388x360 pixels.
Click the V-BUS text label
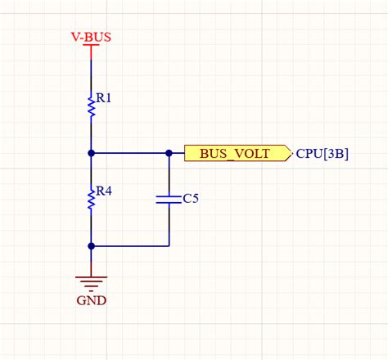tap(92, 37)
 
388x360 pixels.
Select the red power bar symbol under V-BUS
tap(92, 46)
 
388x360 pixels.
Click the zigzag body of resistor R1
tap(92, 104)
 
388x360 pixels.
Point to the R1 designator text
tap(104, 98)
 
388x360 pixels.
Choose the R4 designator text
tap(104, 191)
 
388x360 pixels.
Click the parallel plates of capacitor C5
tap(169, 199)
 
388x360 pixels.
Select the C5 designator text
tap(190, 199)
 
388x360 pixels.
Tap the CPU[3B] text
tap(322, 153)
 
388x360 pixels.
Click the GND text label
tap(92, 299)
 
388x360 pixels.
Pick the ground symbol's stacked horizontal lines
tap(92, 282)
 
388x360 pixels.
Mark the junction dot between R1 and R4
tap(92, 153)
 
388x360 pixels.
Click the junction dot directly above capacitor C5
tap(169, 153)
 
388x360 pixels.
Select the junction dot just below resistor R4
tap(92, 245)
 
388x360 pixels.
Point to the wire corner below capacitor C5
tap(169, 245)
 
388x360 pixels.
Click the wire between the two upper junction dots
tap(131, 153)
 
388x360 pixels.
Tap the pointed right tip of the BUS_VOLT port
tap(291, 153)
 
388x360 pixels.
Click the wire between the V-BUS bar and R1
tap(92, 70)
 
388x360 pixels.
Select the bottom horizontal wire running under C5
tap(131, 245)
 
